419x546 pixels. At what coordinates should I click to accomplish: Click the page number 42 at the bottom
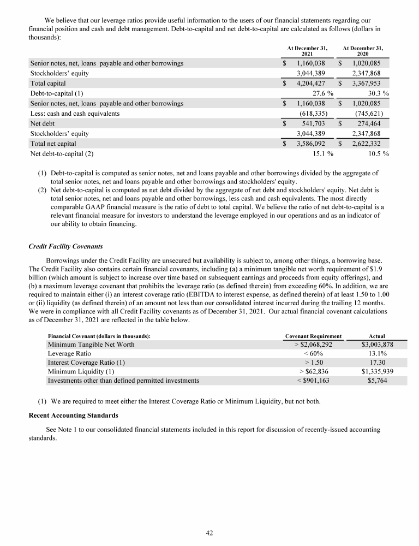click(209, 533)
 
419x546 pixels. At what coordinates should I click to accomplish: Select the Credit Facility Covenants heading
click(65, 246)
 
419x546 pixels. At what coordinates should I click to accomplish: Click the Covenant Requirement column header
click(314, 336)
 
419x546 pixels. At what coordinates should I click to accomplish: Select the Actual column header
click(378, 336)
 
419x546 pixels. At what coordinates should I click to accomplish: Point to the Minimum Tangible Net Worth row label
click(91, 345)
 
